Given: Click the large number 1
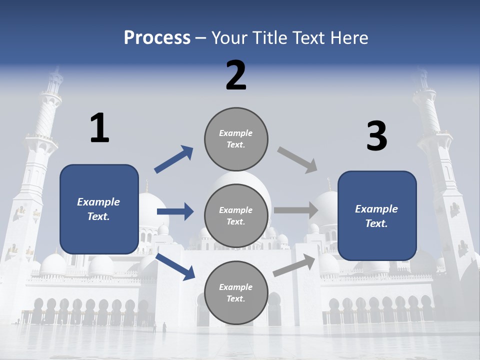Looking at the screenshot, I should coord(99,128).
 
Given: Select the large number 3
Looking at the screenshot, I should coord(377,136).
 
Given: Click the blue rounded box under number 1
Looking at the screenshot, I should coord(99,209).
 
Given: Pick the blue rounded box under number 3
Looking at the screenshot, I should coord(377,216).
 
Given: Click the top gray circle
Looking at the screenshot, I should coord(236,138).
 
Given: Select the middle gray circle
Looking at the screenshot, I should coord(236,215).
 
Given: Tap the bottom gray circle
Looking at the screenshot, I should coord(236,292).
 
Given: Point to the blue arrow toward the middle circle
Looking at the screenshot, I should coord(175,211).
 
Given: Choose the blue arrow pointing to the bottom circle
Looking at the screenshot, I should coord(175,266).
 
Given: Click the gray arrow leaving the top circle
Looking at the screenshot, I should coord(297,160).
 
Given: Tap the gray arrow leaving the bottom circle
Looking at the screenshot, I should coord(294,265).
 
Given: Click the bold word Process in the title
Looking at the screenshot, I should coord(157,37).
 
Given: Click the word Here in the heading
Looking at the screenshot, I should coord(349,37).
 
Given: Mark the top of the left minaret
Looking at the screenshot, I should coord(55,75).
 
